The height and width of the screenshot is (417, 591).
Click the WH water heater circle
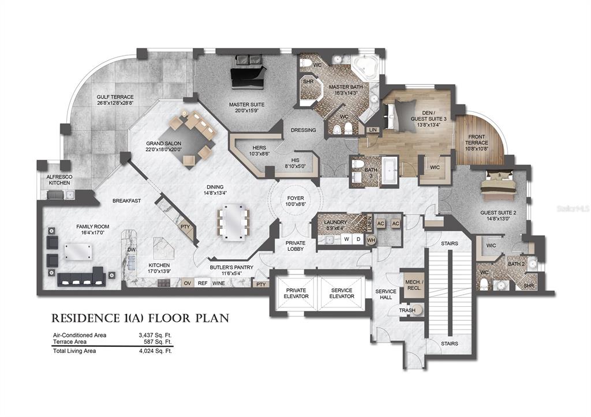371,239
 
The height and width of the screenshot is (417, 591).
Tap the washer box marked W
346,239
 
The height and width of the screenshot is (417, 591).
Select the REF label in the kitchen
203,283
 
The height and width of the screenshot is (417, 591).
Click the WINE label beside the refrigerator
219,283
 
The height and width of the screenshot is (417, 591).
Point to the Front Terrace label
476,140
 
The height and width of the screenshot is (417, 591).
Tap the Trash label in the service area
407,310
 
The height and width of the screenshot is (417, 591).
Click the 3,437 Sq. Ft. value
155,335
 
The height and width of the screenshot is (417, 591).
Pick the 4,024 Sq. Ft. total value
155,351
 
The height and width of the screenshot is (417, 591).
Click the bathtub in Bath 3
389,170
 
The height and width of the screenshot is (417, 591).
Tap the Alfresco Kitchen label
59,180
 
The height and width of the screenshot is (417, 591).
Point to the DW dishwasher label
131,249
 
